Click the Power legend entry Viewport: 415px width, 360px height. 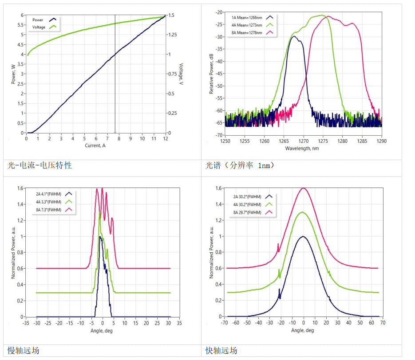pos(38,20)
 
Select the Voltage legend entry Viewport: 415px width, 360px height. pos(39,27)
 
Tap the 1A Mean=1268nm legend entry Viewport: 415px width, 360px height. pos(247,17)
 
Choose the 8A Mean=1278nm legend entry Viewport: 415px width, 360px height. pos(247,33)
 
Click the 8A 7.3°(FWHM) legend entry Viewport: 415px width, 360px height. pos(49,209)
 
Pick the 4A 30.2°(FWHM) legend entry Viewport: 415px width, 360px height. pos(248,205)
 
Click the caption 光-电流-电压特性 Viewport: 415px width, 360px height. pos(40,165)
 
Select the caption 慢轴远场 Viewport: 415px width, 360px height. pos(23,350)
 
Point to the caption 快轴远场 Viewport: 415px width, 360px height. pos(221,350)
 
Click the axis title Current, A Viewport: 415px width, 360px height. pos(95,145)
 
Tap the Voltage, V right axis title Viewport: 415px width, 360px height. pos(181,74)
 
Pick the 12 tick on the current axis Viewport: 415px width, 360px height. pos(165,138)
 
